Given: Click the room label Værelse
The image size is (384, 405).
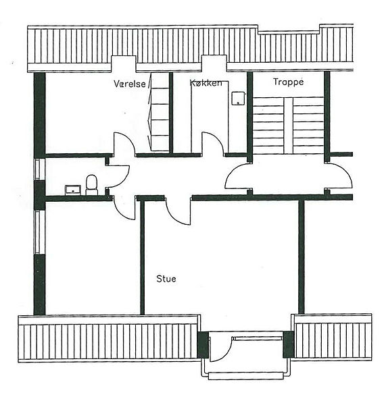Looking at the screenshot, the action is [130, 84].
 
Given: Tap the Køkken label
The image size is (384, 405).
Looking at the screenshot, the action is [206, 83].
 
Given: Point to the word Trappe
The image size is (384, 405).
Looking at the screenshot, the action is [288, 82].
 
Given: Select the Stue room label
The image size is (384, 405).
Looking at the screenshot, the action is [166, 279].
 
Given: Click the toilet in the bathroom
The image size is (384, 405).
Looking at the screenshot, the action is [91, 185].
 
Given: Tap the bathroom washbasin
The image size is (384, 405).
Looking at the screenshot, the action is [73, 190].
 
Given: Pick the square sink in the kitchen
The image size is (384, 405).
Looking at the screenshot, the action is [238, 99].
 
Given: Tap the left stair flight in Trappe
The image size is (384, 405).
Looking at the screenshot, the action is [268, 126].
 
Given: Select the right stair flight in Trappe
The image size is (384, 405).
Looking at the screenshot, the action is [308, 126].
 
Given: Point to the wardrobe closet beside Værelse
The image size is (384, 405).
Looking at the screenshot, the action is [160, 111].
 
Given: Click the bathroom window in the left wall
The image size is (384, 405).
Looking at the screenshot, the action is [38, 169].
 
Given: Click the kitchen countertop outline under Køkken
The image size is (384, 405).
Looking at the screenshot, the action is [210, 116].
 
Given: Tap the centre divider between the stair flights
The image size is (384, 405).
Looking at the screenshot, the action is [289, 126].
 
